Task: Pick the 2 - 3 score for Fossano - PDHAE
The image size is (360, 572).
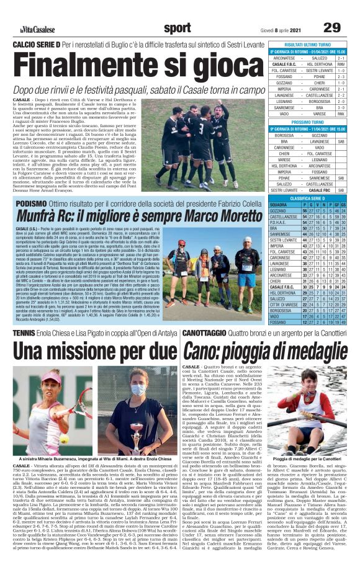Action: click(x=341, y=76)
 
